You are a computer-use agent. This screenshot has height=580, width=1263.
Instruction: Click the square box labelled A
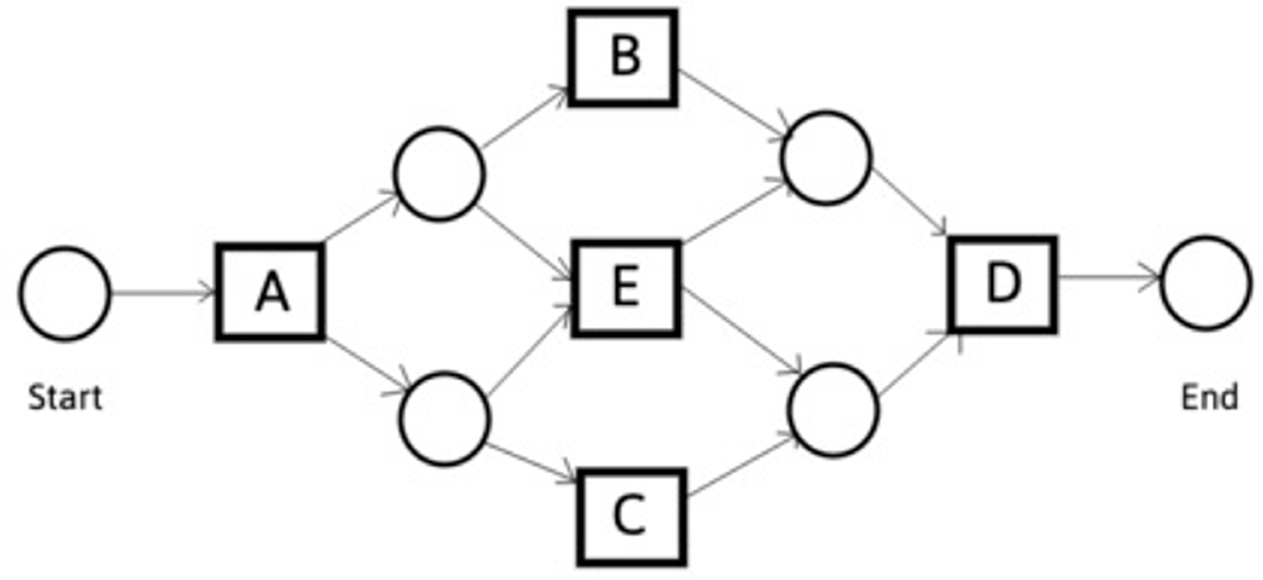(x=270, y=293)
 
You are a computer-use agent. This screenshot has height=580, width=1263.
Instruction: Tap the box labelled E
(x=627, y=288)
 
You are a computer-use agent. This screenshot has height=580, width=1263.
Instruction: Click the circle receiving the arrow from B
(x=827, y=157)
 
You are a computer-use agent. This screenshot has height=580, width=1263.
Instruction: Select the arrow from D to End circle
(x=1108, y=278)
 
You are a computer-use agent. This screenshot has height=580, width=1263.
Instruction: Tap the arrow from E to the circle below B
(x=733, y=213)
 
